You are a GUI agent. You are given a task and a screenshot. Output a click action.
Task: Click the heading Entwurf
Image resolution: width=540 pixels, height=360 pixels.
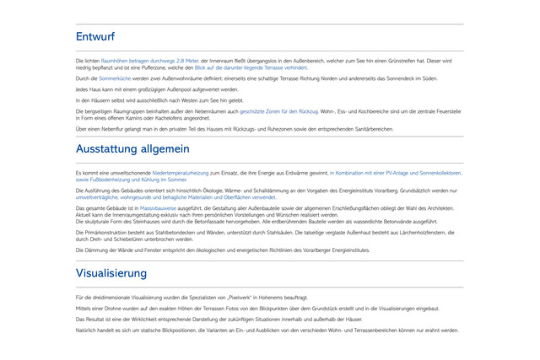pyautogui.click(x=95, y=37)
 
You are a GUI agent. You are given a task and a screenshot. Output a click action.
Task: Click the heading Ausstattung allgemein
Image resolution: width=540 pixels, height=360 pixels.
pyautogui.click(x=132, y=149)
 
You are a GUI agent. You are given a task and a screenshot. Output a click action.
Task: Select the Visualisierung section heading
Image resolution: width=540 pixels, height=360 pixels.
pyautogui.click(x=111, y=273)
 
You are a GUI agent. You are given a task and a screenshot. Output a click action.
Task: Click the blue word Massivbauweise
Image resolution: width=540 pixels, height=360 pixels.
pyautogui.click(x=157, y=207)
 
